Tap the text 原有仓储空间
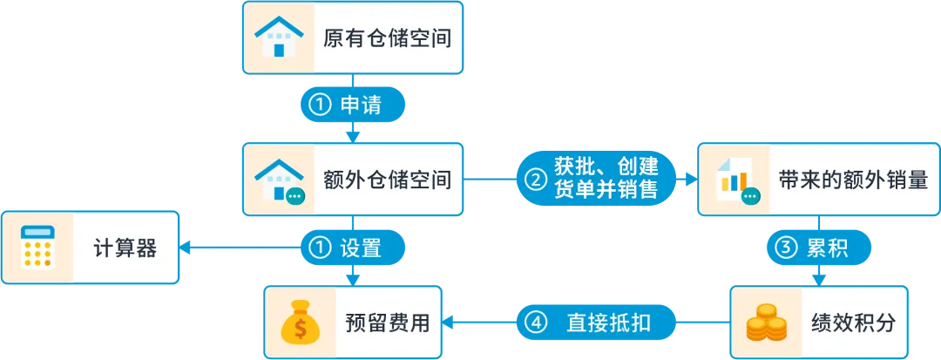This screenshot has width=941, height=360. (x=387, y=38)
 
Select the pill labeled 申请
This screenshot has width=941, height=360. (x=353, y=105)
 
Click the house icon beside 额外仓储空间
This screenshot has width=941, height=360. (x=278, y=180)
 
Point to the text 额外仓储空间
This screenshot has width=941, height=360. (x=387, y=180)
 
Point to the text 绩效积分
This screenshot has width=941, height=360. (x=857, y=323)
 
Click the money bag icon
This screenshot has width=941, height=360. (x=301, y=323)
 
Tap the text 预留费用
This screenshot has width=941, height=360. (x=388, y=323)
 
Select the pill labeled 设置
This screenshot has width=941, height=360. (x=353, y=248)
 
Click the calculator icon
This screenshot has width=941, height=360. (x=37, y=248)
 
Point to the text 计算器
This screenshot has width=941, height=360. (x=125, y=248)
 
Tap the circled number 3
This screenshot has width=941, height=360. (x=786, y=248)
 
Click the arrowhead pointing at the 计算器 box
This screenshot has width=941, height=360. (x=186, y=248)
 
